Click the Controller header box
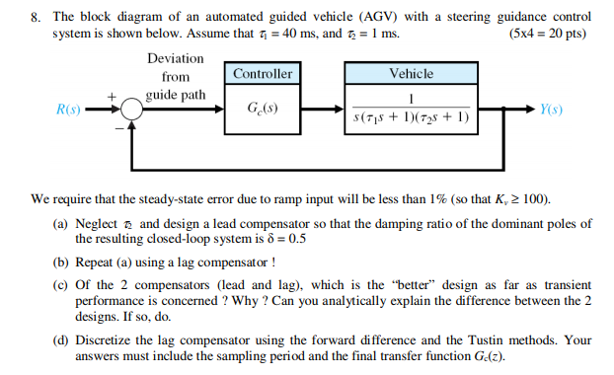click(x=264, y=74)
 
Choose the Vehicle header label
click(x=412, y=74)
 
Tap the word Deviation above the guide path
click(x=176, y=58)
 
